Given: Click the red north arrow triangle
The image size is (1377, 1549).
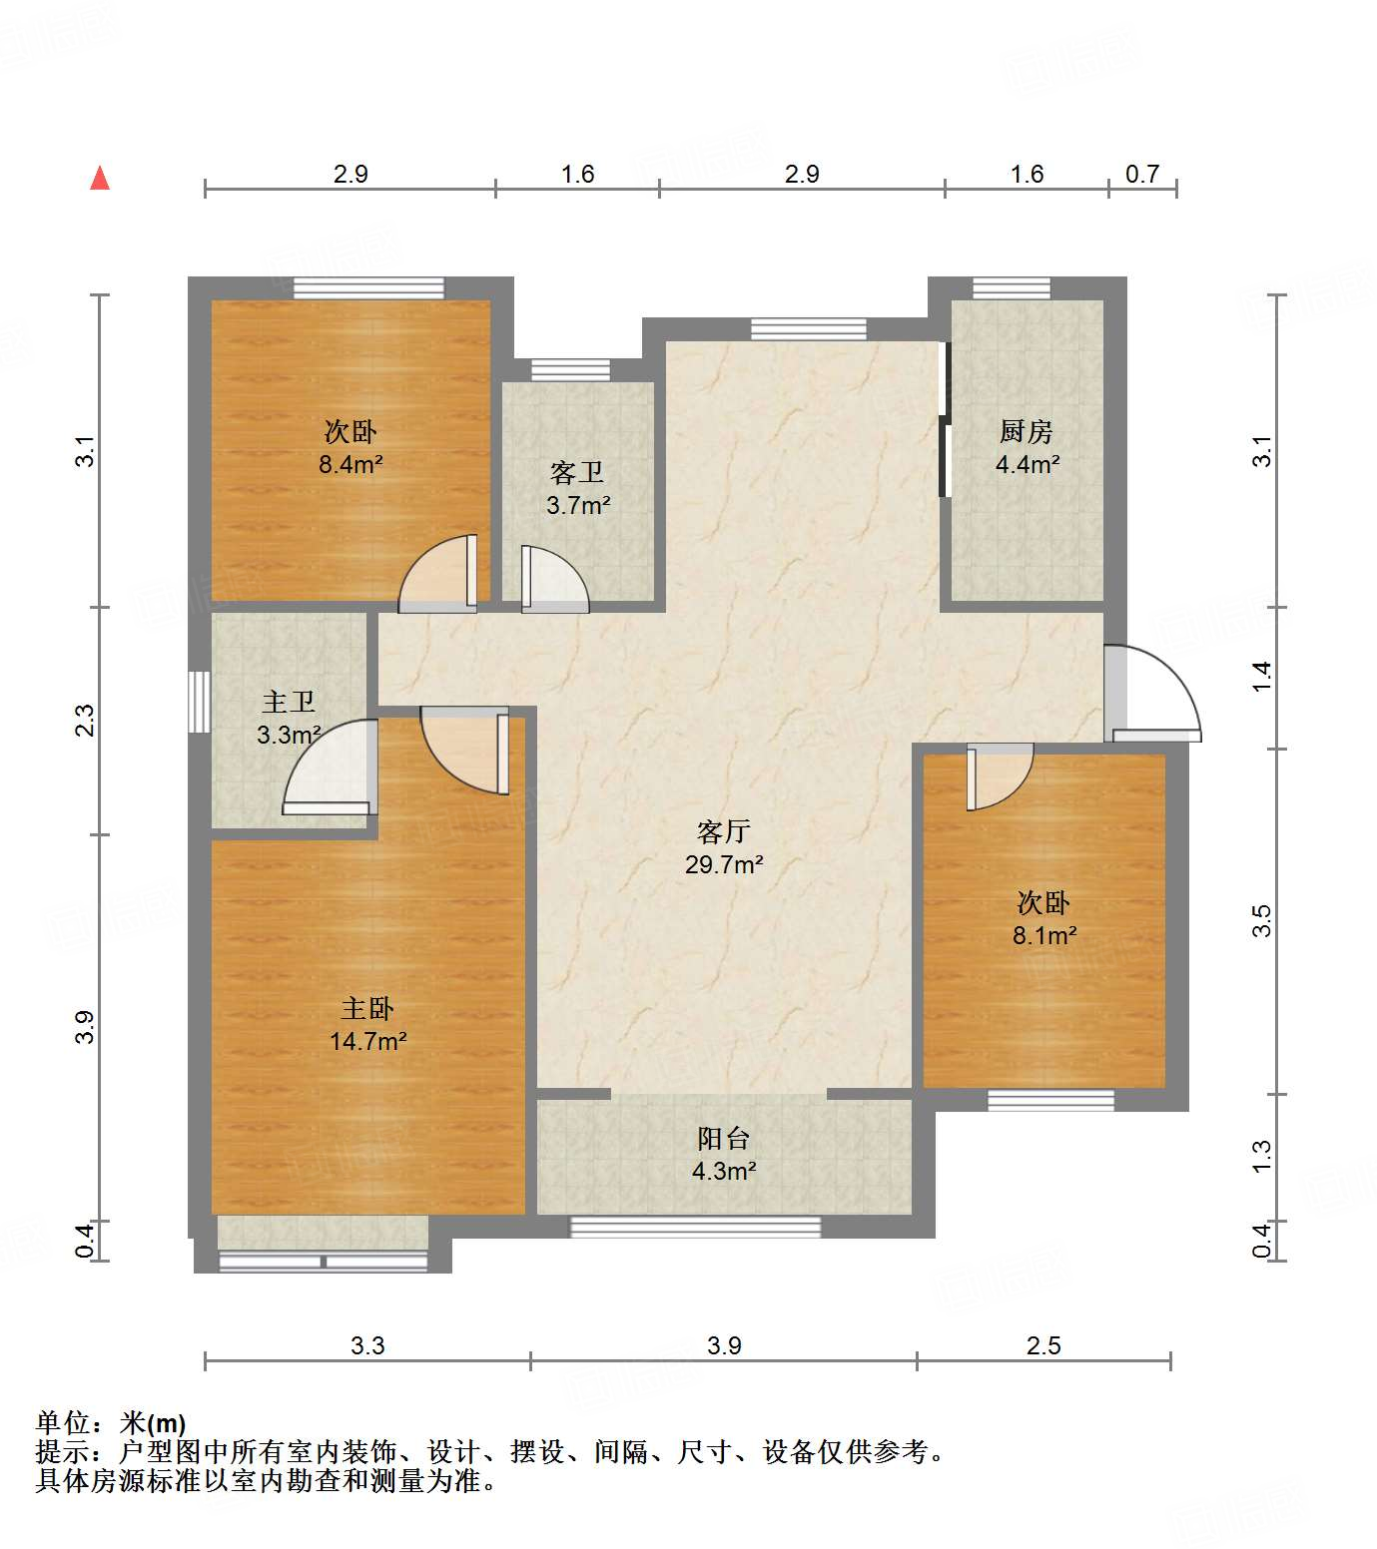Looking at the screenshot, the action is pyautogui.click(x=100, y=178).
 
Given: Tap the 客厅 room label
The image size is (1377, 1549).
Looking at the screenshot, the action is pyautogui.click(x=724, y=831).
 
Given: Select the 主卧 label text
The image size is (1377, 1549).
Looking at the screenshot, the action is pyautogui.click(x=367, y=1008).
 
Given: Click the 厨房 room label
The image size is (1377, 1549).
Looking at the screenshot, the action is pyautogui.click(x=1027, y=431).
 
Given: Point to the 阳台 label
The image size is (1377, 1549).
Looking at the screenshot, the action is pyautogui.click(x=724, y=1138).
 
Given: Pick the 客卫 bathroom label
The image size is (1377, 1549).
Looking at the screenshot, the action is pyautogui.click(x=577, y=472).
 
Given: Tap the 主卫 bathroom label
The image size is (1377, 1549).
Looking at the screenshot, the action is pyautogui.click(x=289, y=702).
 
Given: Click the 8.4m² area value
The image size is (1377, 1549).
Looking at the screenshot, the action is pyautogui.click(x=351, y=464).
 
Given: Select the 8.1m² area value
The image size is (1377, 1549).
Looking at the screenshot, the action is pyautogui.click(x=1044, y=935).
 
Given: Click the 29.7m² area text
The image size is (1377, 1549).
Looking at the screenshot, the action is pyautogui.click(x=724, y=864).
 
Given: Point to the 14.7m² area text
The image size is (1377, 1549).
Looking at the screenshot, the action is pyautogui.click(x=367, y=1041).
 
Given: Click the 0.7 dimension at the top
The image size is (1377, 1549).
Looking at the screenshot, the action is pyautogui.click(x=1142, y=174).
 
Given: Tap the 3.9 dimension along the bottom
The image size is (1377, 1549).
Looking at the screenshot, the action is pyautogui.click(x=724, y=1345).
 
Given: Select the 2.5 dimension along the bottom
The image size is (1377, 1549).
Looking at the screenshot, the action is pyautogui.click(x=1043, y=1345).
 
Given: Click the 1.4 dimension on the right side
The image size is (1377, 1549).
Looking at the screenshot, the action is pyautogui.click(x=1262, y=677).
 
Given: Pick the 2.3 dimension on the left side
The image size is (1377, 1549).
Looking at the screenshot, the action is pyautogui.click(x=87, y=720).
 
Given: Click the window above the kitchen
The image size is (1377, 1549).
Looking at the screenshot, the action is pyautogui.click(x=1012, y=288).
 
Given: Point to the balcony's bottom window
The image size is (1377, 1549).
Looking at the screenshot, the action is pyautogui.click(x=695, y=1227).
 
